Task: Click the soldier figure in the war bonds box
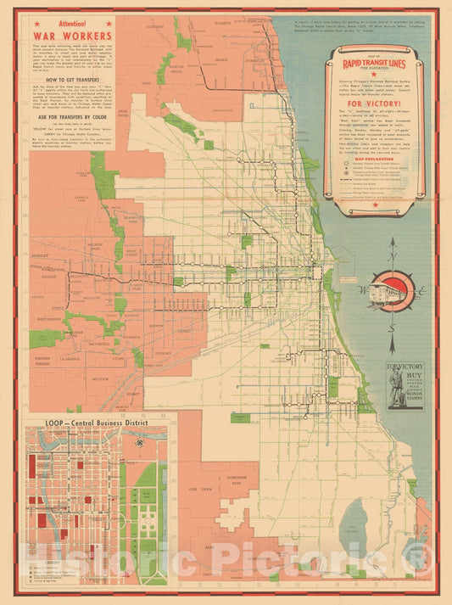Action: pyautogui.click(x=395, y=385)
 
